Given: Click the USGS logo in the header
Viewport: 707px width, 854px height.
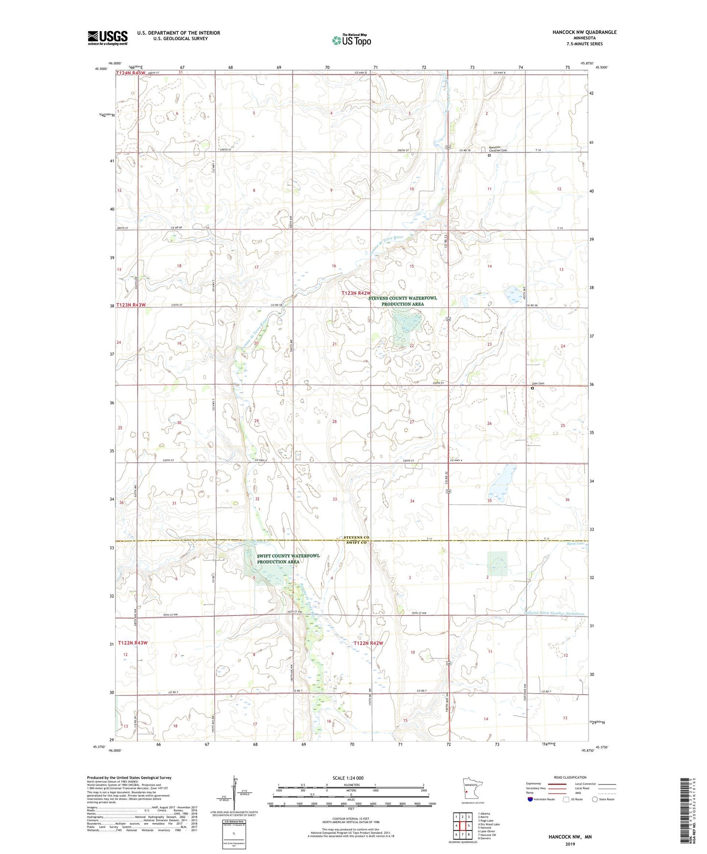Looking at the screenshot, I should pyautogui.click(x=107, y=38).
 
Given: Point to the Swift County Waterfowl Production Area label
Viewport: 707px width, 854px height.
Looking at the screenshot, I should pyautogui.click(x=289, y=559).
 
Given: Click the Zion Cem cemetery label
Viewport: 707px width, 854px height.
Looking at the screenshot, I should pyautogui.click(x=538, y=383).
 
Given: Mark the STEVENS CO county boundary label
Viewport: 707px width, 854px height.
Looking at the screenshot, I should pyautogui.click(x=356, y=537).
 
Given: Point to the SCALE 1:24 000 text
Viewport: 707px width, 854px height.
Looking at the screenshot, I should pyautogui.click(x=347, y=778).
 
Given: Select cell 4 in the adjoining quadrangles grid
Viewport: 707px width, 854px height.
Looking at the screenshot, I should pyautogui.click(x=456, y=826).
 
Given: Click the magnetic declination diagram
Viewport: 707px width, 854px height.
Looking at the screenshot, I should pyautogui.click(x=233, y=795).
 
